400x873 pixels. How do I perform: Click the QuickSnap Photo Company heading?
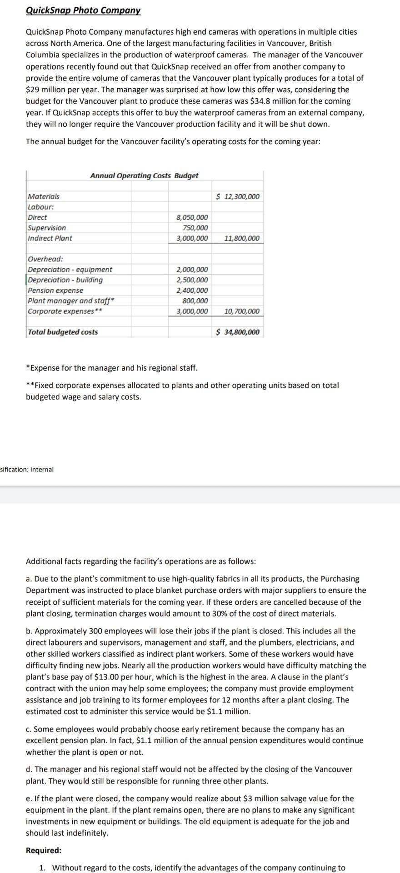coord(83,10)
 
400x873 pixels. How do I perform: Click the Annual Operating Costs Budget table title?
coord(144,176)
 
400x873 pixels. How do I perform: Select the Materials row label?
coord(44,196)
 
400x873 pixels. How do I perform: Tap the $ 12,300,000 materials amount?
coord(238,196)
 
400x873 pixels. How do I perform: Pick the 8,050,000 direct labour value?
coord(192,217)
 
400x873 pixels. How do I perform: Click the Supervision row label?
coord(47,228)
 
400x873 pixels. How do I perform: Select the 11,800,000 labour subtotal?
coord(242,238)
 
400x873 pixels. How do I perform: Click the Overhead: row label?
coord(45,259)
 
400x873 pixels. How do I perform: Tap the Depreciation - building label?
coord(65,280)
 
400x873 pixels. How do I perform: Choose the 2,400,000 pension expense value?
coord(192,291)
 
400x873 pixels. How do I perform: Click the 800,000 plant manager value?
coord(195,301)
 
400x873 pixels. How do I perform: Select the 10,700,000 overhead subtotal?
coord(242,311)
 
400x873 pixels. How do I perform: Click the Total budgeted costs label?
coord(63,332)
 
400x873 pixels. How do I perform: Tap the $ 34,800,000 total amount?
coord(238,332)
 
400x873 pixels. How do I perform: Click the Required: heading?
coord(44,850)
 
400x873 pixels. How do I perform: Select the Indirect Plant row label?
coord(50,238)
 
